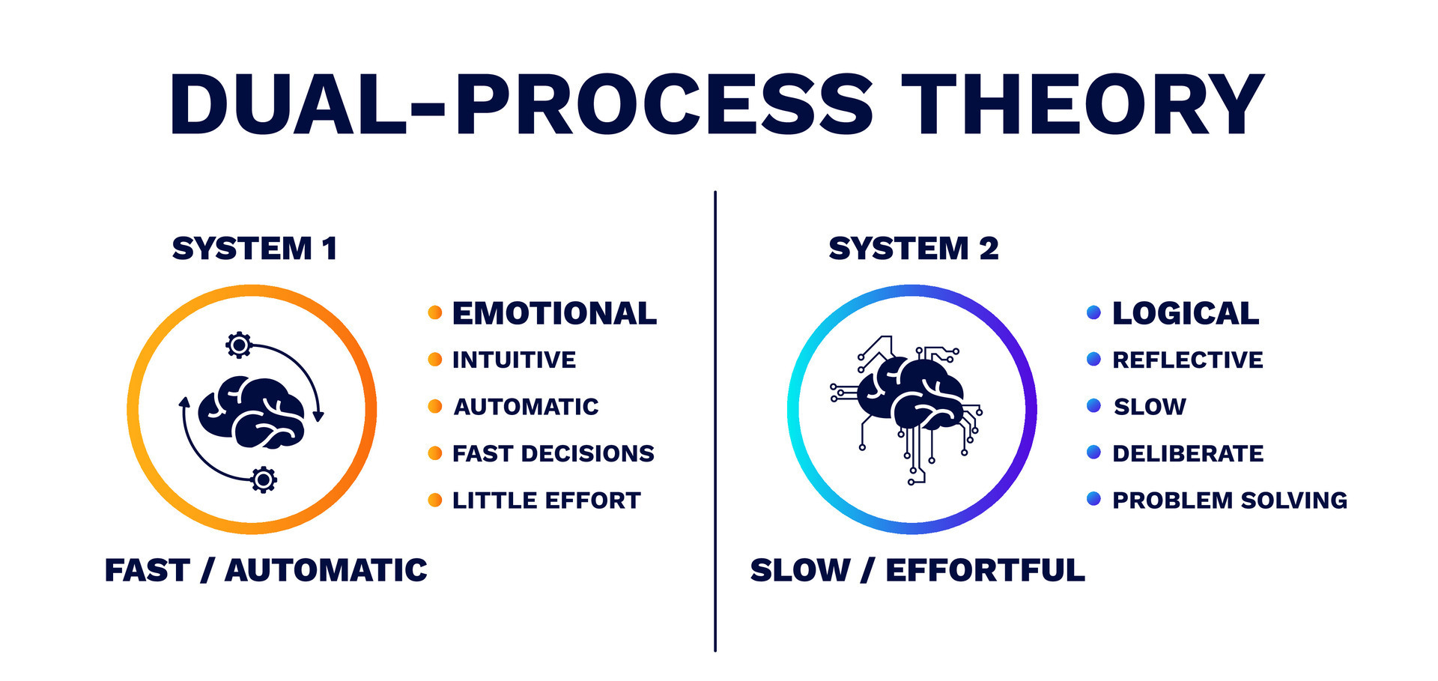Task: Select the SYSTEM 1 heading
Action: [255, 249]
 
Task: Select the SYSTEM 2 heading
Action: [914, 249]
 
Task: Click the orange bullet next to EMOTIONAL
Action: [434, 312]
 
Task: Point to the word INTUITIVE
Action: [514, 360]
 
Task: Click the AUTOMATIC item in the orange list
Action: [526, 407]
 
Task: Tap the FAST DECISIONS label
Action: [553, 453]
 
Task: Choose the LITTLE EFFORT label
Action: [546, 500]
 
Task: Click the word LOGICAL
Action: [1186, 313]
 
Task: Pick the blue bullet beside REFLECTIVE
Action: [1093, 359]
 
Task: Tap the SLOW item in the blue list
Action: [1150, 407]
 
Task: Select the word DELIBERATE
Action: [1188, 453]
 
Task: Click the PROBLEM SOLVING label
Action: [1230, 500]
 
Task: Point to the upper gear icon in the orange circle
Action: [239, 345]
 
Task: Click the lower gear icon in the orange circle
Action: [264, 479]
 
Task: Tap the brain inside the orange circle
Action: [251, 412]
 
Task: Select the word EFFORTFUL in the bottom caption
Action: [985, 570]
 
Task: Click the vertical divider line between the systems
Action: [715, 420]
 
